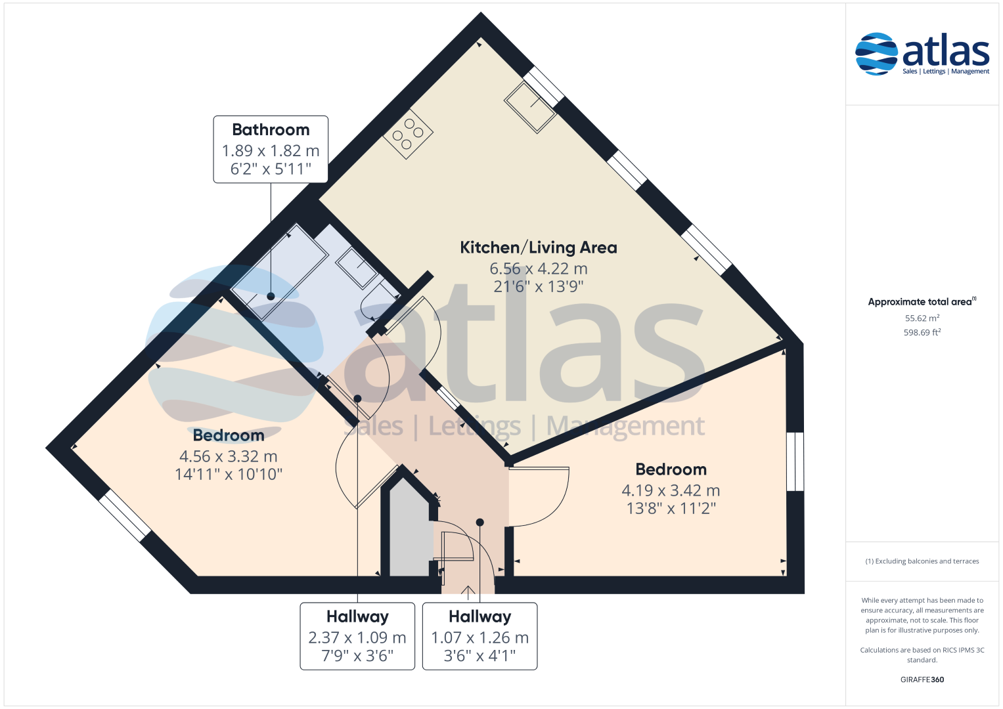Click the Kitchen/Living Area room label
pos(538,247)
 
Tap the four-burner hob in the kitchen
pos(408,134)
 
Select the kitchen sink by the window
pos(530,108)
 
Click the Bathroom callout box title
pos(271,130)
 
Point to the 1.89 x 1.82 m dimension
pos(271,151)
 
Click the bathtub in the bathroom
pos(279,272)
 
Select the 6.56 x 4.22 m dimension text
pos(538,269)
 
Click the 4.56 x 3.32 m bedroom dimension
pos(229,456)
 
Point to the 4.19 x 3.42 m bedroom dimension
pos(671,490)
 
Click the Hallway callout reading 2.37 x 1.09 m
pos(357,636)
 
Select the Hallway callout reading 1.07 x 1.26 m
pos(479,636)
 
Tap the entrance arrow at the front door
pos(468,592)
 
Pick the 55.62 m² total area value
pos(922,318)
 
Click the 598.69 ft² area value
pos(922,333)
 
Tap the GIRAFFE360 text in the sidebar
pos(922,679)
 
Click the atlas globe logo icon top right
pos(876,54)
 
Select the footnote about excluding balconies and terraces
pos(922,561)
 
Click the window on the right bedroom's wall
pos(795,462)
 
